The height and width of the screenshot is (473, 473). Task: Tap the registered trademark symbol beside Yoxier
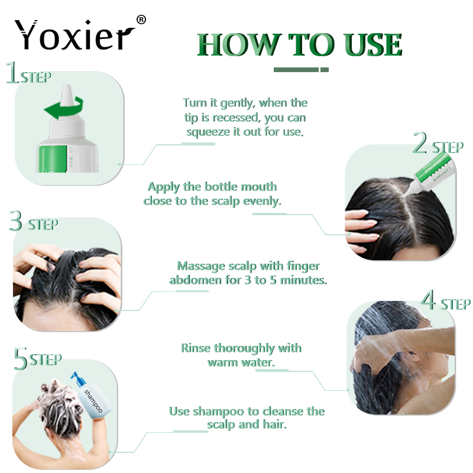141,20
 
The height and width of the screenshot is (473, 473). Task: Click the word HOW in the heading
238,45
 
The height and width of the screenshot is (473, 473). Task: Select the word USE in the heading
373,45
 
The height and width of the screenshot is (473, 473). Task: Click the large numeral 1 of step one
12,72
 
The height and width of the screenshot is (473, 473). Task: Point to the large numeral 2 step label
420,142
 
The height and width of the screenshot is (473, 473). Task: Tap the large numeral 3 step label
16,221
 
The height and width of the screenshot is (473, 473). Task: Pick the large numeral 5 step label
21,358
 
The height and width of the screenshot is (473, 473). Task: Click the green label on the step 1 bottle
52,158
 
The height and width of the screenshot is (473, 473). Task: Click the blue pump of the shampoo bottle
77,379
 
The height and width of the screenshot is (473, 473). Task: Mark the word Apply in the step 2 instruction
164,187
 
